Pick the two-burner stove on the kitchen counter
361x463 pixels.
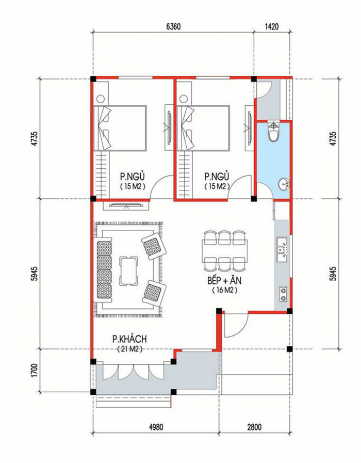283,294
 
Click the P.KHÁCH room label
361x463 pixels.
130,339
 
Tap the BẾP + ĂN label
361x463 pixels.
226,281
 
